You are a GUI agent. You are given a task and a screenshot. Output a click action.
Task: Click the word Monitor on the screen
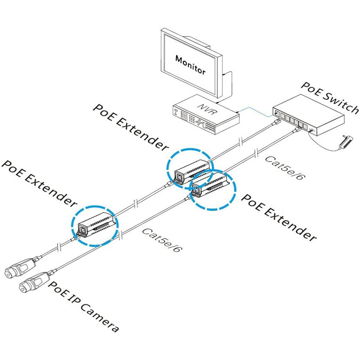pos(190,64)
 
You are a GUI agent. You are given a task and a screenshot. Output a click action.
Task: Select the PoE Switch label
pos(330,98)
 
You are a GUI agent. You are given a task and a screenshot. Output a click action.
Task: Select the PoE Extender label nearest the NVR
pos(131,126)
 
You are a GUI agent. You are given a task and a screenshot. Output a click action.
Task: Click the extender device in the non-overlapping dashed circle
pos(96,223)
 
